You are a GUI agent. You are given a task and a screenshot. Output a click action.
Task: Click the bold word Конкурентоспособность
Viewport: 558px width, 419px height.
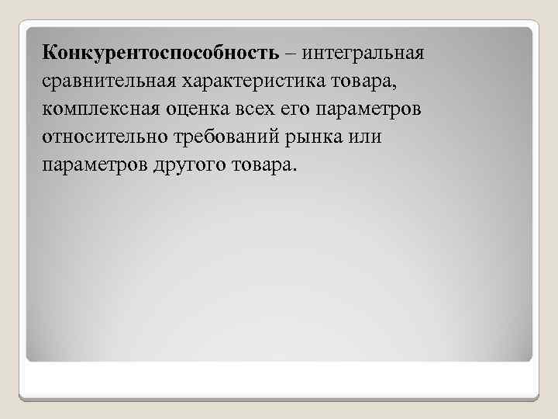tap(159, 54)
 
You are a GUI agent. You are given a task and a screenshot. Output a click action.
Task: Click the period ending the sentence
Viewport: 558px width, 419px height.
tap(295, 170)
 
